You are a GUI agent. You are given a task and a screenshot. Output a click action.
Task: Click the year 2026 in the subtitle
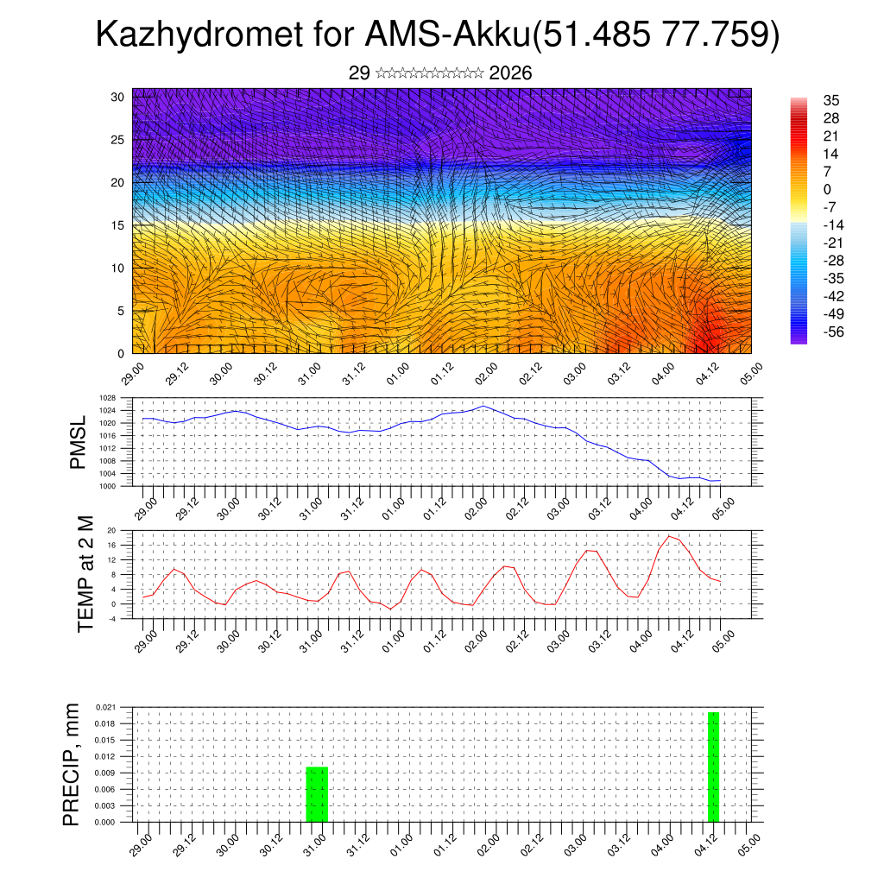[x=510, y=73]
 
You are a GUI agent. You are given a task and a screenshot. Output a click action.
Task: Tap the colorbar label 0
[x=827, y=189]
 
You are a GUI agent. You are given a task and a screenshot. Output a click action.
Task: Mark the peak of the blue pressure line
[x=483, y=406]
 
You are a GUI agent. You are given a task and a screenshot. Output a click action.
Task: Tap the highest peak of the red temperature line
[x=669, y=536]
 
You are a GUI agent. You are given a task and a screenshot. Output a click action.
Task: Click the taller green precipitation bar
[x=713, y=767]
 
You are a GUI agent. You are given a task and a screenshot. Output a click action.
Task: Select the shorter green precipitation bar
[x=317, y=794]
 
